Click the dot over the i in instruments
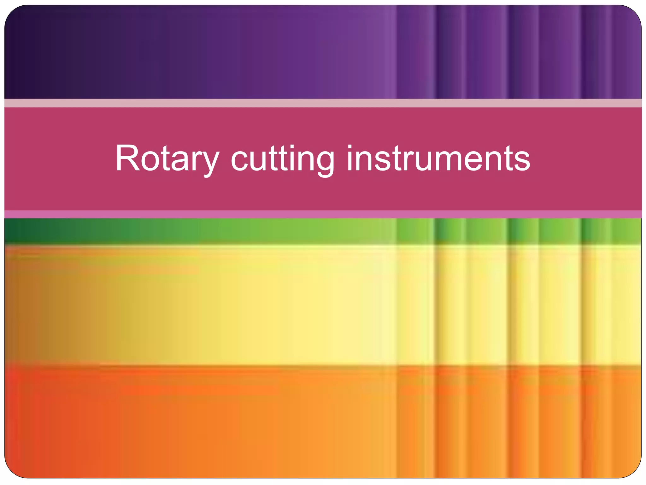pos(349,147)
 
